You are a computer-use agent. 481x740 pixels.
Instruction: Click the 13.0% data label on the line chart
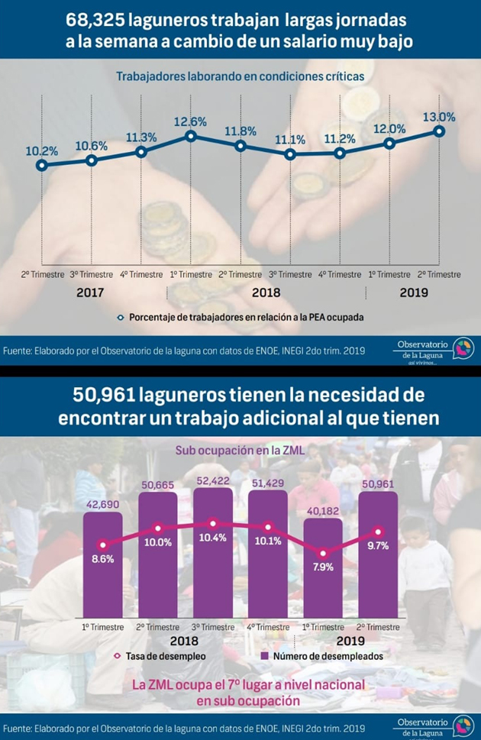[x=438, y=118]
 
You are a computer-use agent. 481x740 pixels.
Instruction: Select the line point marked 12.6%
[x=191, y=137]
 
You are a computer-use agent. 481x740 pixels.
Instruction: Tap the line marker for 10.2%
[x=42, y=166]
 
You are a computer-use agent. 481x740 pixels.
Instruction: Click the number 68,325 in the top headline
[x=95, y=19]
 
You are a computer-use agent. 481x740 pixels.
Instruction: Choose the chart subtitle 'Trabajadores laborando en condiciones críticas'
[x=234, y=76]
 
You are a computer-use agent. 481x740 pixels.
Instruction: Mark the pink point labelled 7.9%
[x=323, y=554]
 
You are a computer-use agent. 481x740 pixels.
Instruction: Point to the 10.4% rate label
[x=213, y=539]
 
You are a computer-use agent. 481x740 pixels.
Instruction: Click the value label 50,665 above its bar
[x=157, y=486]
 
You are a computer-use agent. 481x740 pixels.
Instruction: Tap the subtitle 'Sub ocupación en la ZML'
[x=240, y=451]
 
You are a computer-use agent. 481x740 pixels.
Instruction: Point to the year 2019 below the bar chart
[x=350, y=641]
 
